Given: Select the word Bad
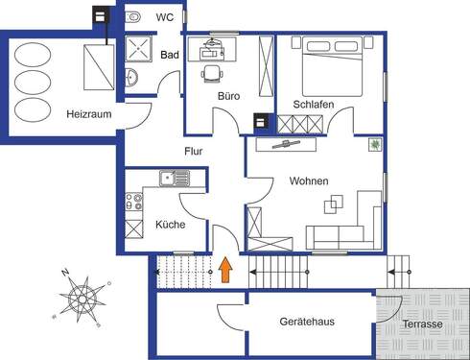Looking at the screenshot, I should tap(170, 56).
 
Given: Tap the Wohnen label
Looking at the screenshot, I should tap(309, 180).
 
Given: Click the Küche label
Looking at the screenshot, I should tap(171, 225).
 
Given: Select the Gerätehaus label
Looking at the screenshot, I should tap(307, 321).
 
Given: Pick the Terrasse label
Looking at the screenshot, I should tap(422, 324).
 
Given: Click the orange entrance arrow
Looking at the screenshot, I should tap(226, 270).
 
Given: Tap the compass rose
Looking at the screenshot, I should tap(84, 296).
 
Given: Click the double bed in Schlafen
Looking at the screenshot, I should tap(331, 67).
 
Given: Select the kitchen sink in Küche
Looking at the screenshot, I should tap(171, 177).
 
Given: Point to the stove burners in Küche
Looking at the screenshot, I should tap(133, 204).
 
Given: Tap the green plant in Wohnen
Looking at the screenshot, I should tap(374, 144).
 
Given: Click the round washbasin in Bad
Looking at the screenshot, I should tap(132, 78).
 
